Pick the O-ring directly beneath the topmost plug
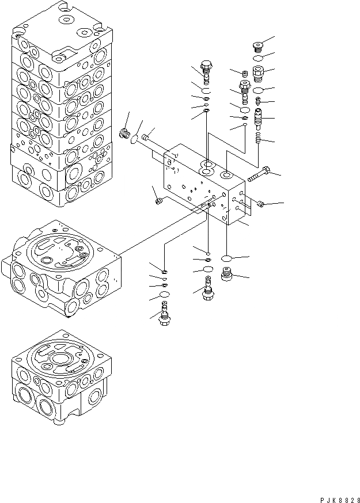(x=259, y=59)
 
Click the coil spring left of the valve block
(x=123, y=135)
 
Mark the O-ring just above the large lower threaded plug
(x=228, y=260)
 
